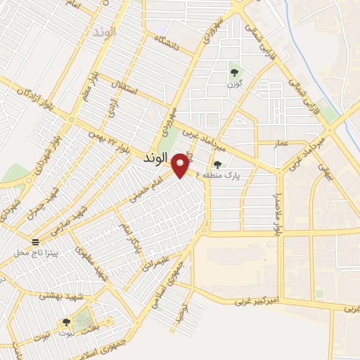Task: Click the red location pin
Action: tap(181, 165)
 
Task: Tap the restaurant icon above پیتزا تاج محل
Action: tap(36, 240)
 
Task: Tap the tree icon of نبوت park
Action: tap(66, 321)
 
